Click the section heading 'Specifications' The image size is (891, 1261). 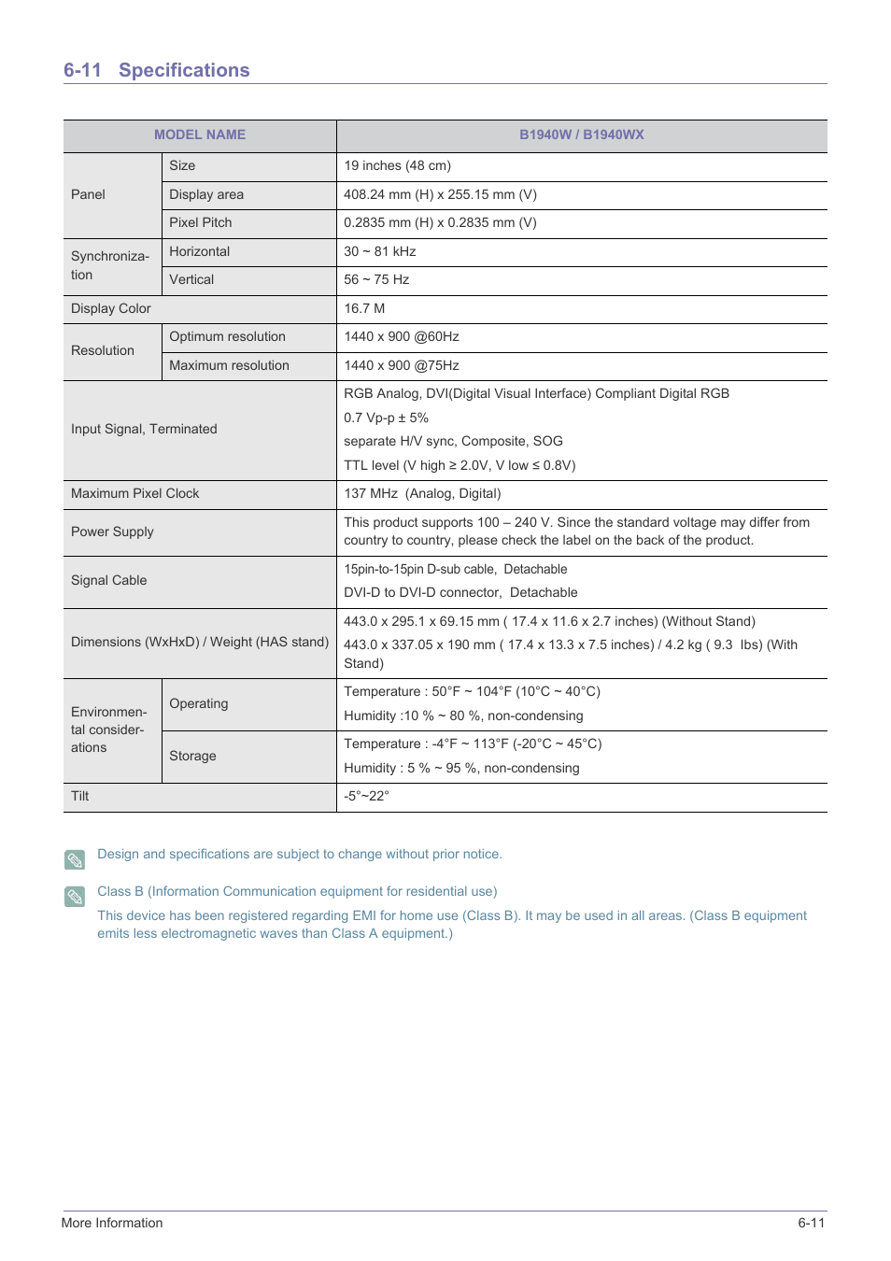point(184,70)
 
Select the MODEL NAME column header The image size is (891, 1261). point(200,135)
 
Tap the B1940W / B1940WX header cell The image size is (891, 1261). point(581,135)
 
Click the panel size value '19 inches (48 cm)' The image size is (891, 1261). point(397,165)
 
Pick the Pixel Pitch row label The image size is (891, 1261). point(200,222)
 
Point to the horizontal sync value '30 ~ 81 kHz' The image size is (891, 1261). point(379,251)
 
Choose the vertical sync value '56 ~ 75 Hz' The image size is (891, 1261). point(376,279)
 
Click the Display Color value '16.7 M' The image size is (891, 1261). point(364,308)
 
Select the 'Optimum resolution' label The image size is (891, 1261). point(227,336)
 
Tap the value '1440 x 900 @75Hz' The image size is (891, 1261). point(402,365)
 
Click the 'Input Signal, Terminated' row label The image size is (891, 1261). point(144,429)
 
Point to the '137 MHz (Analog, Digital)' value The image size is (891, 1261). point(422,493)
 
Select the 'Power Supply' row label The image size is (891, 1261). point(112,531)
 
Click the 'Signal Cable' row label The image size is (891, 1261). point(108,580)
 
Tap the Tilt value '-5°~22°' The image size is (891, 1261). point(366,796)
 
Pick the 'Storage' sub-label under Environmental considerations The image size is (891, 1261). point(192,756)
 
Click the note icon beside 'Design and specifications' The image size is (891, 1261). point(75,859)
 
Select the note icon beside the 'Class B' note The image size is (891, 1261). point(75,897)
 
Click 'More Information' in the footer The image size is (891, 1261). point(112,1223)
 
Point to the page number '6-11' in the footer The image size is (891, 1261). point(811,1223)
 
